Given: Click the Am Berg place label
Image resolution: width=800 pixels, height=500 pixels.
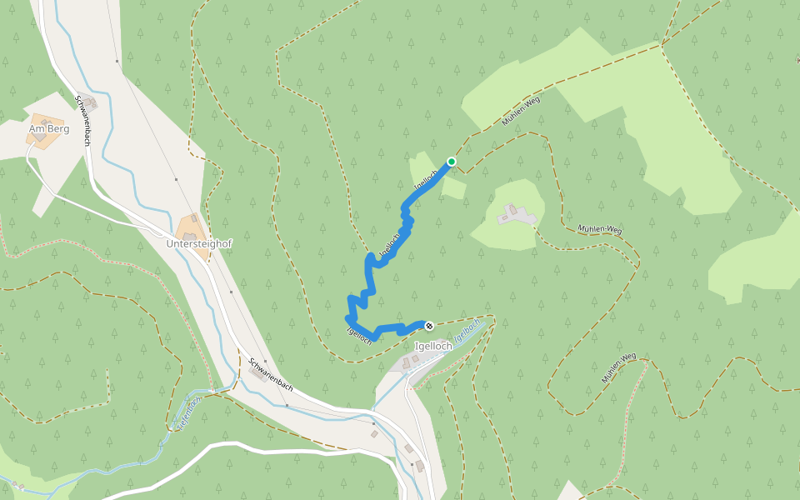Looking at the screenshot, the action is [x=48, y=129].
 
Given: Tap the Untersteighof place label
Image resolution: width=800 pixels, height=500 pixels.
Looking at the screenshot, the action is [x=198, y=242].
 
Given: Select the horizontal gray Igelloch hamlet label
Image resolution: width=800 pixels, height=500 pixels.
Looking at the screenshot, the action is [x=433, y=346].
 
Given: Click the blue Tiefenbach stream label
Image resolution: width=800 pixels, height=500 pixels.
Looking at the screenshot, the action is [x=188, y=412].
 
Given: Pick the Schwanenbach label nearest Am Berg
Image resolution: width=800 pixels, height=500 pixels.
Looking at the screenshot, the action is [x=82, y=120].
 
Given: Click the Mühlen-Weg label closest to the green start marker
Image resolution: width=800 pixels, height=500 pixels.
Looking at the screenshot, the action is [x=521, y=111].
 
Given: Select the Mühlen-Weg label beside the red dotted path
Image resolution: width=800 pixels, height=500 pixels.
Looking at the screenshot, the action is [x=619, y=367].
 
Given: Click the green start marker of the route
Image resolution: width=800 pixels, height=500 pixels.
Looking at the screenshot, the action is [x=452, y=162].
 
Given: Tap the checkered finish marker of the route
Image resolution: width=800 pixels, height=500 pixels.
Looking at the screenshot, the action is [x=428, y=326].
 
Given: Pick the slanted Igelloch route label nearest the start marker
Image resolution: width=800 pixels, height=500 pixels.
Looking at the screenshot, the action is [x=426, y=178].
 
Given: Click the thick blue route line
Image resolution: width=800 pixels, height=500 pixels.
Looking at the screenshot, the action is [x=368, y=275].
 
